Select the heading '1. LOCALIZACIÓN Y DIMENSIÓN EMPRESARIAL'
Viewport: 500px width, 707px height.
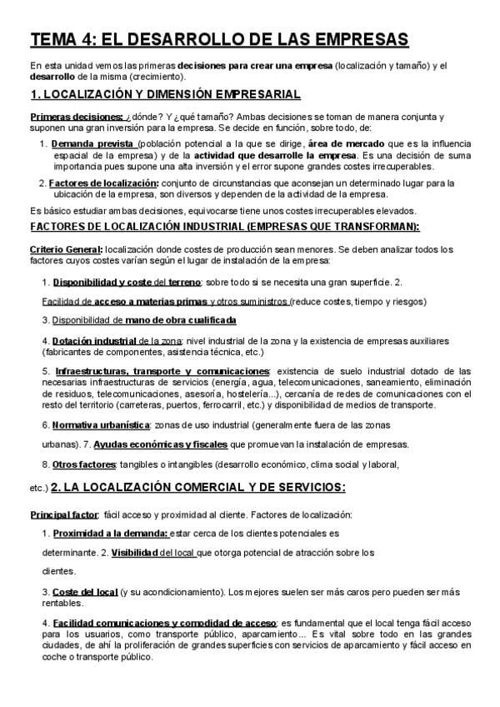click(x=165, y=94)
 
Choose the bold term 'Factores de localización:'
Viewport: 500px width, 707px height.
click(x=103, y=183)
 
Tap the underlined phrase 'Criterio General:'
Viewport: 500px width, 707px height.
click(x=66, y=249)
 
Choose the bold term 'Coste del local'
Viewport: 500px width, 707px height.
click(x=86, y=591)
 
